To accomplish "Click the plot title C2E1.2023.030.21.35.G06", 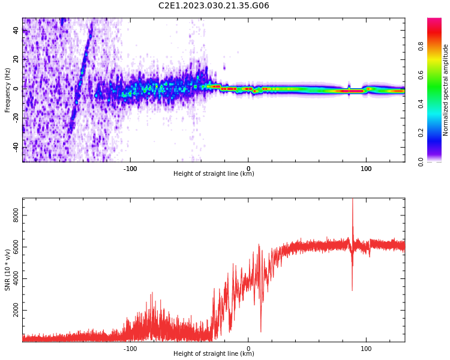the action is click(214, 5).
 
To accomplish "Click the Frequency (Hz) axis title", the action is click(7, 90).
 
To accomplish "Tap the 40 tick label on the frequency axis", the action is click(16, 30).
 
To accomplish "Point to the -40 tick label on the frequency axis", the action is click(16, 147).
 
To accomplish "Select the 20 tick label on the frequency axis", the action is click(16, 59).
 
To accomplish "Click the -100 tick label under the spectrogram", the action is click(130, 169).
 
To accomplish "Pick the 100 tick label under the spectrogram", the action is click(366, 169).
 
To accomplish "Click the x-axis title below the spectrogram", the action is click(214, 173).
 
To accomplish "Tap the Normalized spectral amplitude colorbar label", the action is click(445, 90).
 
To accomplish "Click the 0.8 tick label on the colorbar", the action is click(421, 46).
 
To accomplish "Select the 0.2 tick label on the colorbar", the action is click(421, 133).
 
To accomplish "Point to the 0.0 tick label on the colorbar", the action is click(421, 162).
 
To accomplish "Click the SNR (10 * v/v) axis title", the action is click(7, 270).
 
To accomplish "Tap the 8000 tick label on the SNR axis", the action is click(16, 215).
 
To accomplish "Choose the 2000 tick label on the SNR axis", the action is click(16, 310).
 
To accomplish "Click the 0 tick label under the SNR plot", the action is click(248, 349).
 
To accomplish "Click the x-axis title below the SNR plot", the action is click(214, 353).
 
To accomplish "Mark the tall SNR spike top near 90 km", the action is click(352, 199).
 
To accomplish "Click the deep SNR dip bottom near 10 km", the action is click(261, 332).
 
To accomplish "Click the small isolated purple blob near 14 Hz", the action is click(224, 68).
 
